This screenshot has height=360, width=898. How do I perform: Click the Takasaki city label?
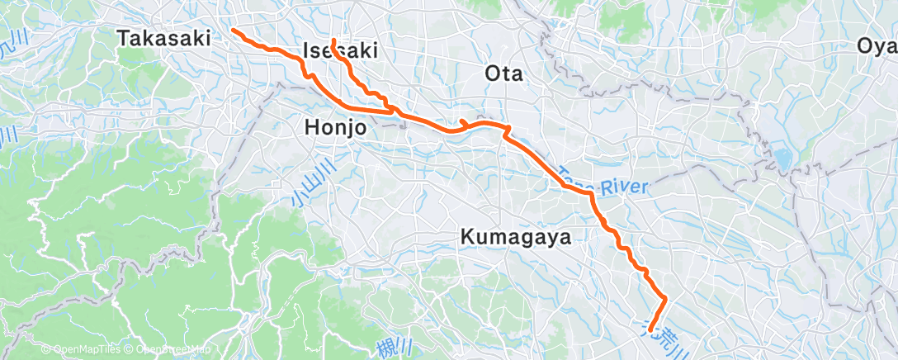click(x=164, y=38)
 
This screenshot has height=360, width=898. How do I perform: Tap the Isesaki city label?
click(x=341, y=50)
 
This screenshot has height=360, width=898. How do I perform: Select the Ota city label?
click(x=503, y=73)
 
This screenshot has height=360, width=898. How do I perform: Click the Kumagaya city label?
click(x=516, y=237)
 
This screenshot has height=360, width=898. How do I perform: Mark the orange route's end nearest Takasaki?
click(x=232, y=30)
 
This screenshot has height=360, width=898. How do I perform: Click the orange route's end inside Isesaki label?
click(x=333, y=40)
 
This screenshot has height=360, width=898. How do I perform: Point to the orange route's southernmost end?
click(x=652, y=328)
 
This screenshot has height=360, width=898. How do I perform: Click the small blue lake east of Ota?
click(x=781, y=158)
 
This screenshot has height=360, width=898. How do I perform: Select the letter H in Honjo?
click(x=311, y=128)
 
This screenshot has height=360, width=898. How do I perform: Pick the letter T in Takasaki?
click(x=124, y=38)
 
